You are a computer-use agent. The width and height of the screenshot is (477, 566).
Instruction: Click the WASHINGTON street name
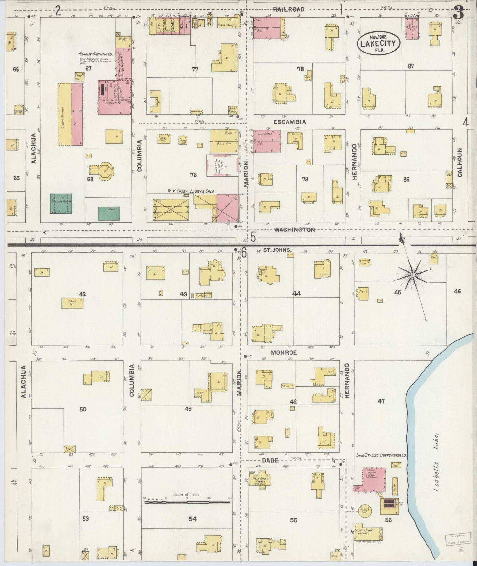click(x=295, y=230)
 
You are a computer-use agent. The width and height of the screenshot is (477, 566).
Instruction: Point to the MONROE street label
click(x=284, y=353)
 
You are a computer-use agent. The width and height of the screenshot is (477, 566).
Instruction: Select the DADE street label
click(x=270, y=460)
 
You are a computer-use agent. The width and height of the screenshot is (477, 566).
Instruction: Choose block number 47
click(x=381, y=401)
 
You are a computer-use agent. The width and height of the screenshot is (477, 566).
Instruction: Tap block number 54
click(x=193, y=519)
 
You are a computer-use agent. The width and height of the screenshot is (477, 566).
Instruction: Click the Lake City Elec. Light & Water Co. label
click(x=381, y=455)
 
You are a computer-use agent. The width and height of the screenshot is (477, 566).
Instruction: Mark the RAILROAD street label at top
click(x=291, y=9)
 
